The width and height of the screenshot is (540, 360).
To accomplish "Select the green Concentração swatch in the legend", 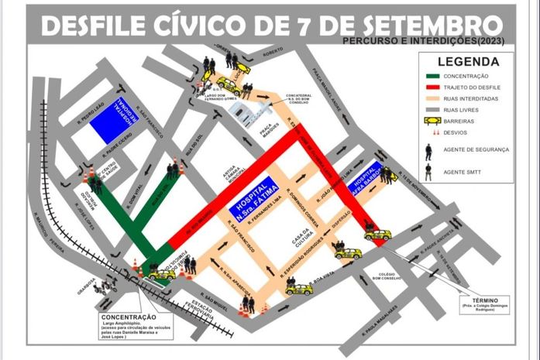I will (x=433, y=76).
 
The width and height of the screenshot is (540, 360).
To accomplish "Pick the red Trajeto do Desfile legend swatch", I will (x=433, y=87).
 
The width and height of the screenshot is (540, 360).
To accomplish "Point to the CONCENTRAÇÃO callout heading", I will (x=128, y=317).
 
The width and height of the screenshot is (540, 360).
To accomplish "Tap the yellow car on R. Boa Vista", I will (x=298, y=289).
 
